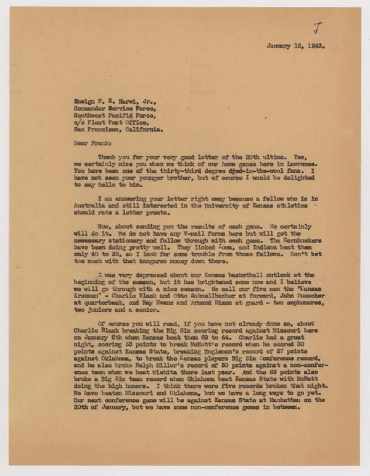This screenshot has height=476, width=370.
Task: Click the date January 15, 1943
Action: click(x=295, y=46)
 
